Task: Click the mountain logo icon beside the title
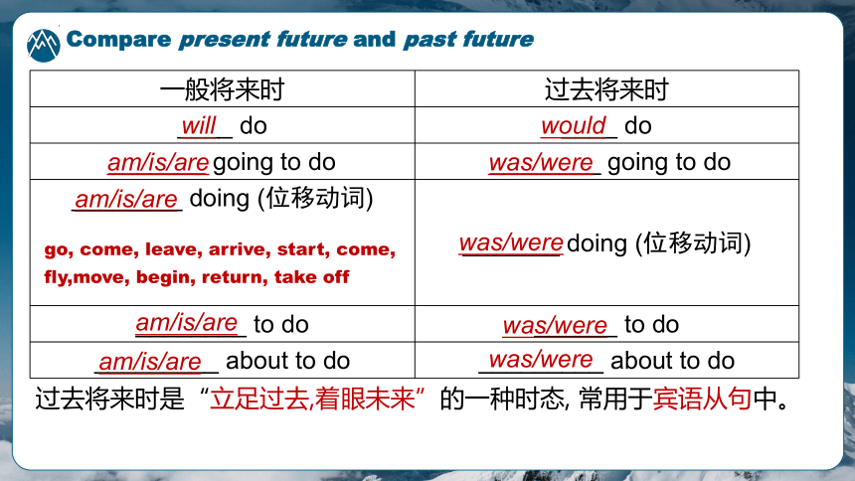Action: point(43,46)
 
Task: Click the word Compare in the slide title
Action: point(118,40)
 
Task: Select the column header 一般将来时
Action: point(222,88)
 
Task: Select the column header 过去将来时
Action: point(606,88)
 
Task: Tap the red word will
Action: point(199,126)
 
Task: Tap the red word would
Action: point(573,126)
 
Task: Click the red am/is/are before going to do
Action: point(158,163)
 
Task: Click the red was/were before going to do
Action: point(541,163)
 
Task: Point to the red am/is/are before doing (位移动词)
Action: point(126,199)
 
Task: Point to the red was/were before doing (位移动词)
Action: point(511,242)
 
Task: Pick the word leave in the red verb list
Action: point(174,249)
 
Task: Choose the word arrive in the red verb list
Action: point(240,249)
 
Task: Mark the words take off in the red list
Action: point(311,277)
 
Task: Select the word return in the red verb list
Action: point(235,277)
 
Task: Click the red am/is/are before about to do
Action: point(150,362)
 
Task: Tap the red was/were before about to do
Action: point(541,360)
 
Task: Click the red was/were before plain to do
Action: point(555,326)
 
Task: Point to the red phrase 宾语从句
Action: point(702,399)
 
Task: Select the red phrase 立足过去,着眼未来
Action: point(313,399)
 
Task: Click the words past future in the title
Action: point(468,40)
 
